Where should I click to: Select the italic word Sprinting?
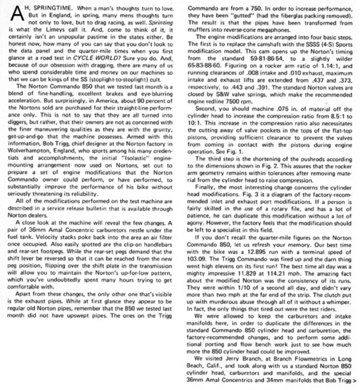[159, 22]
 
